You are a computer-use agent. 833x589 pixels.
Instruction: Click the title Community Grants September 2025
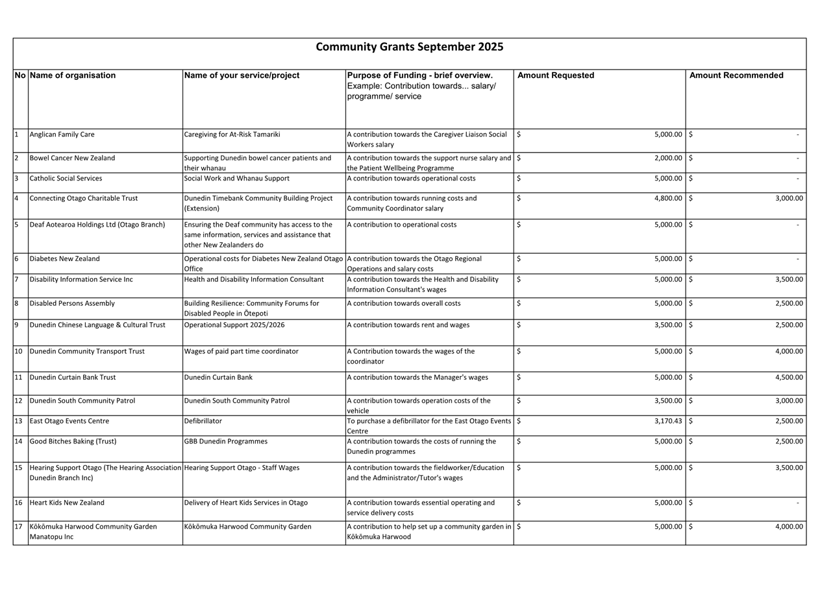409,47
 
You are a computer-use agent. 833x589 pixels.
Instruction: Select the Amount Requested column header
555,75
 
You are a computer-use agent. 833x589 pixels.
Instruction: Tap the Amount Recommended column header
736,75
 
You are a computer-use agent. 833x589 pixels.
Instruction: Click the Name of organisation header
73,75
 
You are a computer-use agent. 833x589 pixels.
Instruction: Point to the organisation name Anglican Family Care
62,134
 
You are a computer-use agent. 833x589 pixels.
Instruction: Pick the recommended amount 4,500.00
789,377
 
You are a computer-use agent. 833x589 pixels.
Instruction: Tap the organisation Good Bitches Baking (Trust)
73,441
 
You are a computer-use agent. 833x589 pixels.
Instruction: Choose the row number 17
18,527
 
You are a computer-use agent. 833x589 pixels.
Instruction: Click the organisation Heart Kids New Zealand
67,503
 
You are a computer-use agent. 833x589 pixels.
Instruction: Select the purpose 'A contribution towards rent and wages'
408,325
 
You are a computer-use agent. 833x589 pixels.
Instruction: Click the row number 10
18,351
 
